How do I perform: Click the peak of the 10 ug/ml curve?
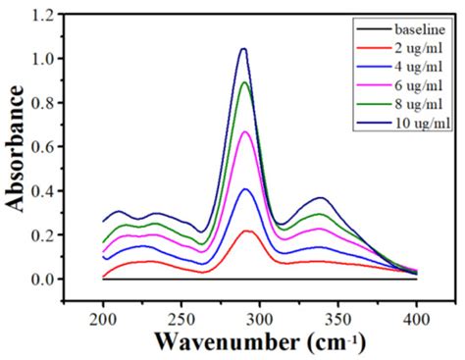point(243,49)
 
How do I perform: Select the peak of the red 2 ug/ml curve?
point(247,231)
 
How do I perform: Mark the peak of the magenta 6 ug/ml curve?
point(246,131)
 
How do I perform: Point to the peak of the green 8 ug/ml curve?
point(245,82)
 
